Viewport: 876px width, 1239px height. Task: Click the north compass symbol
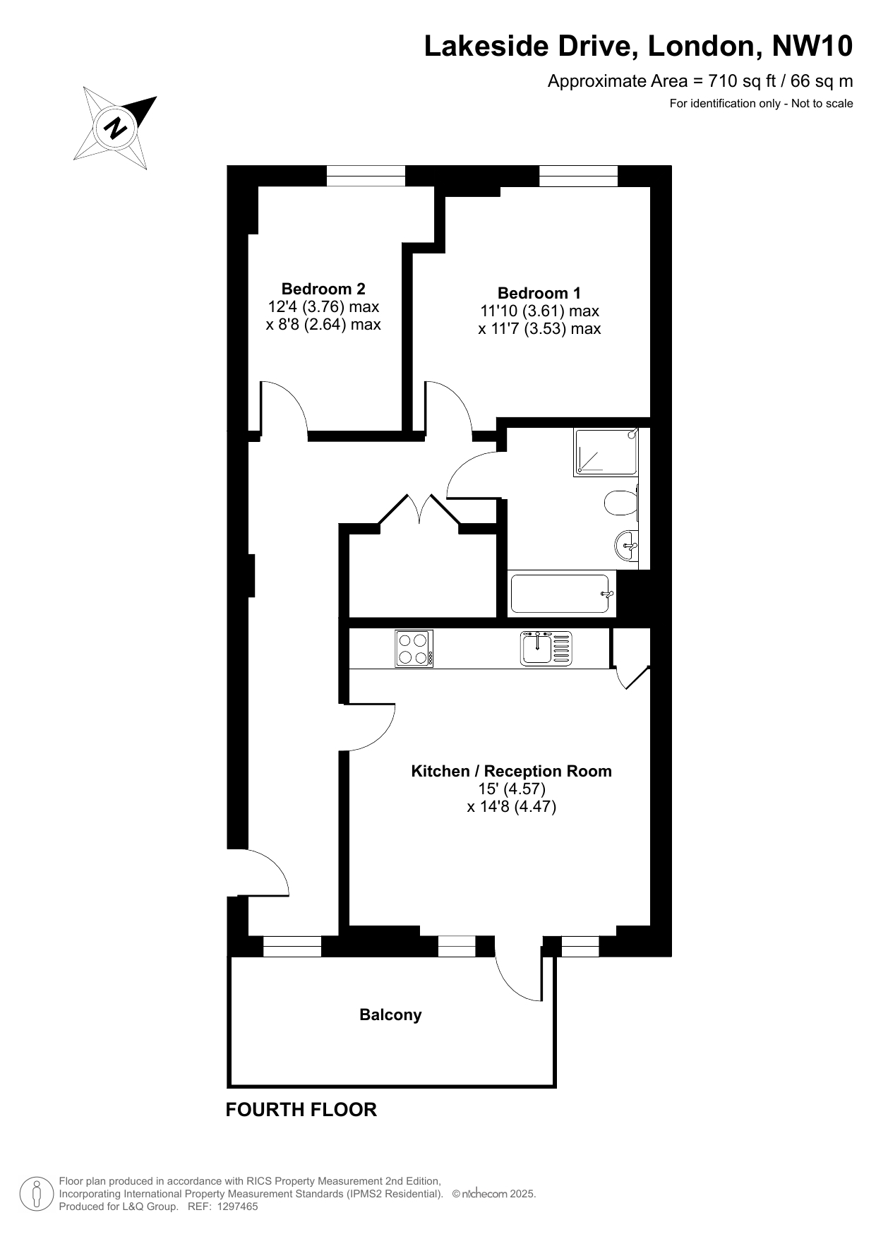pos(115,128)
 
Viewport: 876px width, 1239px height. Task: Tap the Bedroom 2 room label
pos(323,289)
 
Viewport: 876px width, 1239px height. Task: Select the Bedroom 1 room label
pos(539,293)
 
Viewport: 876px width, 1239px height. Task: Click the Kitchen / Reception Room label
pos(512,771)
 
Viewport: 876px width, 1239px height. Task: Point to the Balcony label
pos(390,1014)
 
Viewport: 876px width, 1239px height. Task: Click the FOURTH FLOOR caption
pos(301,1110)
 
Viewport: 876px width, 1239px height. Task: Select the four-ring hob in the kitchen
pos(414,649)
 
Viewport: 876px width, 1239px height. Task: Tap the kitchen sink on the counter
pos(546,648)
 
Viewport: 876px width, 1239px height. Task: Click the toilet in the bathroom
pos(621,503)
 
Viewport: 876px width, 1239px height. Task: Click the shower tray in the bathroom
pos(606,452)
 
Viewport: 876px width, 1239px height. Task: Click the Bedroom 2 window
pos(366,176)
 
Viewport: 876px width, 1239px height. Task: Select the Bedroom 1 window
pos(579,176)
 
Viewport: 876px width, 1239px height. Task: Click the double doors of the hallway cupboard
pos(420,510)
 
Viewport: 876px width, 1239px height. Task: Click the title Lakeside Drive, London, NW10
pos(638,47)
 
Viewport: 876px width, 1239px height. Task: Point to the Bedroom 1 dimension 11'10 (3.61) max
pos(539,311)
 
